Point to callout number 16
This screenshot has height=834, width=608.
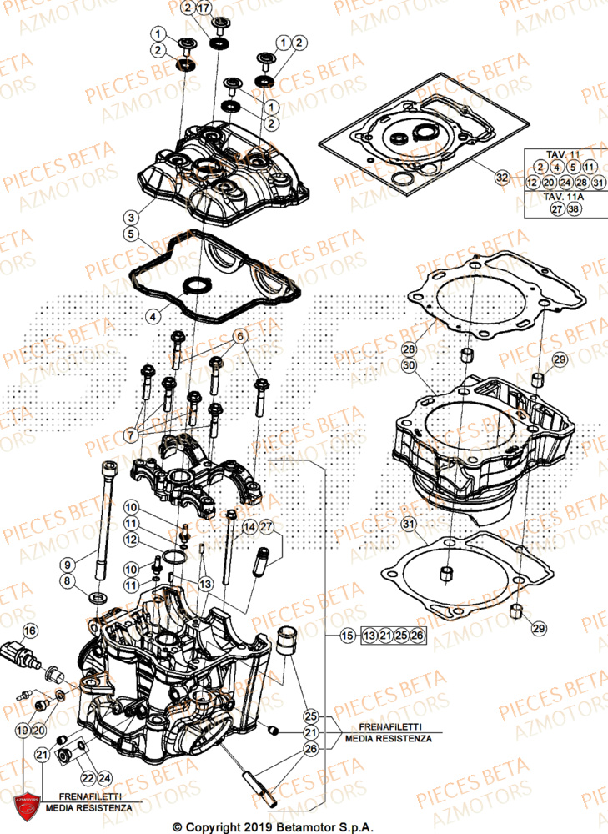[x=29, y=630]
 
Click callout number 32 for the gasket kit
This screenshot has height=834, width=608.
[x=501, y=177]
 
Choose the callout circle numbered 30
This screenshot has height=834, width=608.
[x=408, y=365]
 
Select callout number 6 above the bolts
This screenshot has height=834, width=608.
[x=240, y=336]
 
